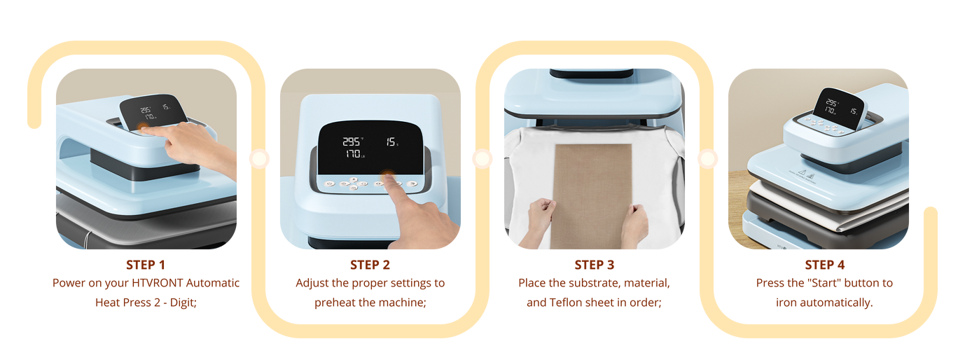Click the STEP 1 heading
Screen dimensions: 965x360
coord(146,265)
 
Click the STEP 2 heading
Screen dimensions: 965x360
coord(370,265)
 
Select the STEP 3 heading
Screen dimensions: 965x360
coord(595,265)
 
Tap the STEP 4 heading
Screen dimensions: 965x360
coord(825,265)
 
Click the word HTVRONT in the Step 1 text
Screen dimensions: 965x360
coord(158,283)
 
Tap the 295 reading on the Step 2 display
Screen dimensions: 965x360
coord(352,141)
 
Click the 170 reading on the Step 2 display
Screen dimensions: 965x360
coord(354,153)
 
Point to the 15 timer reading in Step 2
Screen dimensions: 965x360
coord(391,141)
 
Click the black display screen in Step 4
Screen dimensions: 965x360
coord(838,108)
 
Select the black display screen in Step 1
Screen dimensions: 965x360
coord(153,111)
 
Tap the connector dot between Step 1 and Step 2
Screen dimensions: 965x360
coord(259,158)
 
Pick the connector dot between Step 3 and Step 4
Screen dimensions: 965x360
coord(707,158)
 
